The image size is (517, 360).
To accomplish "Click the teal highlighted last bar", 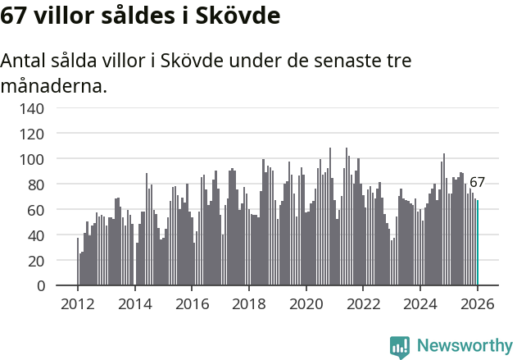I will point(478,243).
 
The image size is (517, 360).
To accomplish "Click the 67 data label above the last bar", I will point(477,182).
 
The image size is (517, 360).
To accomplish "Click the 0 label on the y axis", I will point(40,286).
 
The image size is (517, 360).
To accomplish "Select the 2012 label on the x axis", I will point(78,303).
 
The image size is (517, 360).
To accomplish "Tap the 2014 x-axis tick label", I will point(135,303).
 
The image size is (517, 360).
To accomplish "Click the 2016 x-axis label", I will point(193,303).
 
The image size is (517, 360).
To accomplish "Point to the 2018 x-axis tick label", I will point(249,303).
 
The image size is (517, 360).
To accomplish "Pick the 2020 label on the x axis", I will point(306,303).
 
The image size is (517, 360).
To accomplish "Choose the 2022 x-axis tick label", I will point(364,303).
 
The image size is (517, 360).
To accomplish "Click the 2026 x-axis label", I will point(478,303).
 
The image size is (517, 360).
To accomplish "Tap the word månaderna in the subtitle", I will point(54,85).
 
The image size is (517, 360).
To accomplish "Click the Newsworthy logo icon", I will point(400,347).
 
